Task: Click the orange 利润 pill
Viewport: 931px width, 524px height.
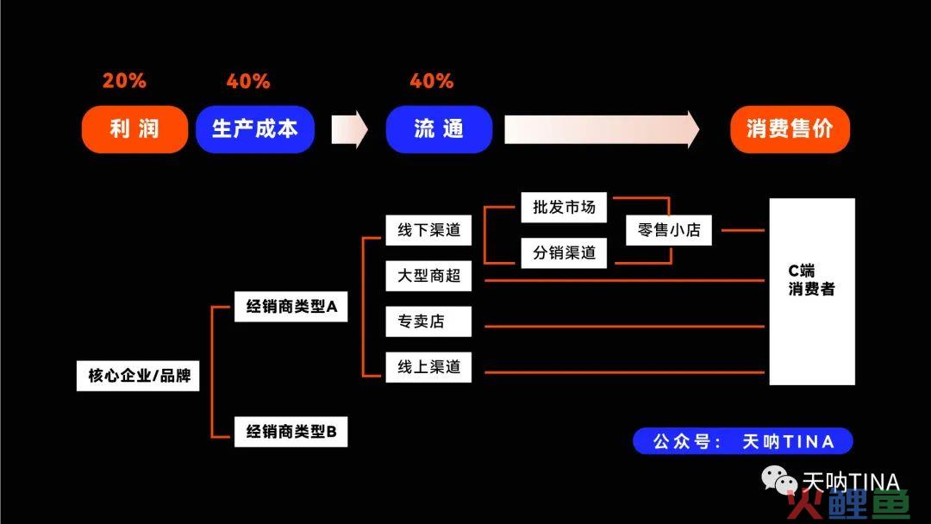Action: pos(134,128)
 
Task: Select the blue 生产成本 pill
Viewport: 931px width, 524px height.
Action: pos(254,128)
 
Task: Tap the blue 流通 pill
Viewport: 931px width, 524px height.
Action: pos(439,128)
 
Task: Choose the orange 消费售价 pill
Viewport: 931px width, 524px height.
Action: pos(790,128)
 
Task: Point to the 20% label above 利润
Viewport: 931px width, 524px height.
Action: pos(124,81)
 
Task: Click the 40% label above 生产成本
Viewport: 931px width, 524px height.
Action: pos(248,81)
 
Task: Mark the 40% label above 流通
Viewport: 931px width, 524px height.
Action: pos(432,81)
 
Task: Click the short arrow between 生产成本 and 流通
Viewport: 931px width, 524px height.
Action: pos(350,129)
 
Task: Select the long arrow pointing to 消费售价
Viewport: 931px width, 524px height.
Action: pos(602,129)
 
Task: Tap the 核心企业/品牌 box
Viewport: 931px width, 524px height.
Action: pos(138,376)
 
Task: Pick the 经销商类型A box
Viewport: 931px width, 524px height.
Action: pos(291,307)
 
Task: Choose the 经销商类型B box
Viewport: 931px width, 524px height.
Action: pos(291,432)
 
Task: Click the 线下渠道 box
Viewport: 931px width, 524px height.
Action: pos(428,230)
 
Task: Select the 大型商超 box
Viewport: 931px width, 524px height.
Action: pos(428,276)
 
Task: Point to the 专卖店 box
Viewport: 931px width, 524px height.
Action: pos(428,321)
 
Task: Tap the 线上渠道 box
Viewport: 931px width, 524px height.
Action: pos(428,367)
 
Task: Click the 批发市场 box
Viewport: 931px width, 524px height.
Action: pos(564,208)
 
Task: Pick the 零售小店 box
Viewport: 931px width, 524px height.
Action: pos(669,230)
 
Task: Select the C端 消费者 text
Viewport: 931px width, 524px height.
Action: pos(811,280)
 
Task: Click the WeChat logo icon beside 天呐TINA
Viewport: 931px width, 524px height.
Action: pos(779,480)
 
